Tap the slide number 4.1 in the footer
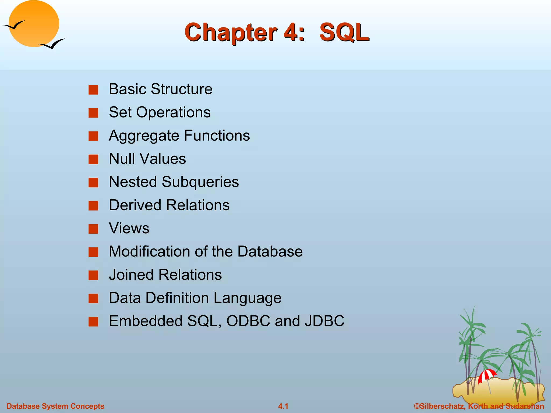(283, 406)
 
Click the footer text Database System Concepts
(55, 406)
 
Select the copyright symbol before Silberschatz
(417, 406)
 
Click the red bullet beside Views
(93, 229)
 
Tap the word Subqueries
(200, 182)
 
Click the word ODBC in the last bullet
(248, 321)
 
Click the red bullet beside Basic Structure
(93, 90)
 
